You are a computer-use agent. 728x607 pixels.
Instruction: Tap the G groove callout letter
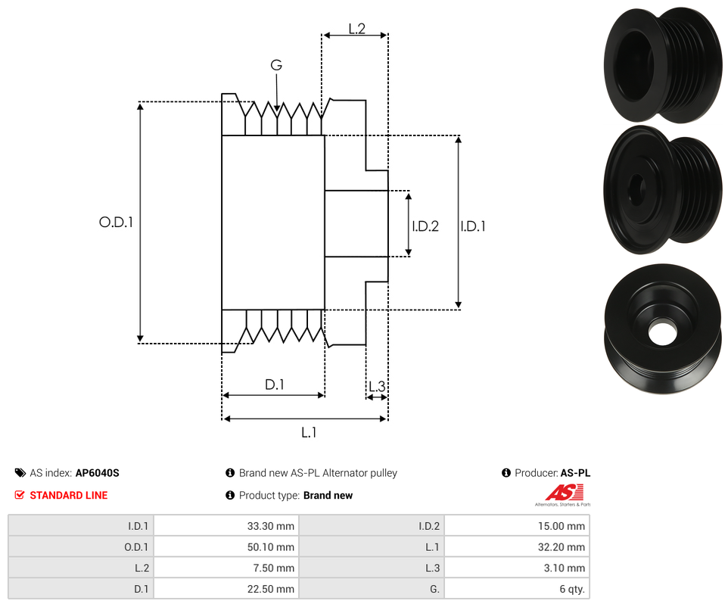[x=276, y=66]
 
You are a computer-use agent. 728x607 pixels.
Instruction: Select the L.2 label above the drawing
[x=357, y=29]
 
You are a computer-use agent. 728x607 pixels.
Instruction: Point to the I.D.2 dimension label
[x=425, y=226]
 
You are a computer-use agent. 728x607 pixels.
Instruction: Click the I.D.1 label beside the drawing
[x=473, y=226]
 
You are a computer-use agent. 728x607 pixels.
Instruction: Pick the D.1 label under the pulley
[x=274, y=384]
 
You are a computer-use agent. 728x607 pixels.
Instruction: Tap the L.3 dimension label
[x=377, y=388]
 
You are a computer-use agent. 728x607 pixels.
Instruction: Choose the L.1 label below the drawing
[x=309, y=432]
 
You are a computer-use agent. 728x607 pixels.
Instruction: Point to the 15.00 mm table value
[x=564, y=526]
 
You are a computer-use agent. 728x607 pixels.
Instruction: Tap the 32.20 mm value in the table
[x=564, y=547]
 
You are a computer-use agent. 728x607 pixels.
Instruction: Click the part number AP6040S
[x=97, y=473]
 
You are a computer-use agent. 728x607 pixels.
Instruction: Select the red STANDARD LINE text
[x=68, y=496]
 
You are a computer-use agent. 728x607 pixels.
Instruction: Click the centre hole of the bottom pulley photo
[x=662, y=331]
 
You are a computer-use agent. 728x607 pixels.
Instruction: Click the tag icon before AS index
[x=20, y=473]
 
